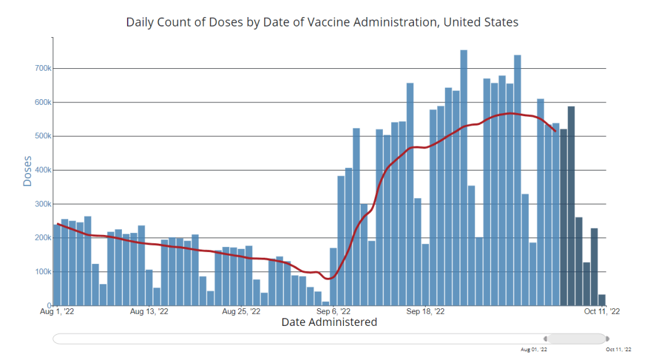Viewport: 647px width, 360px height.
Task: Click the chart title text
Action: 322,23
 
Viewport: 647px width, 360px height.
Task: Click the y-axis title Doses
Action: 27,171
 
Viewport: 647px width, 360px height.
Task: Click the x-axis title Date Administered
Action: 329,322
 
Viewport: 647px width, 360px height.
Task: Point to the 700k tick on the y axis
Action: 43,68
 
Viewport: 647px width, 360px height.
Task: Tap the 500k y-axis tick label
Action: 43,136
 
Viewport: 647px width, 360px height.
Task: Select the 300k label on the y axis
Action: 43,204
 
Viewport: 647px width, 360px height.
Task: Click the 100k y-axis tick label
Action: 43,272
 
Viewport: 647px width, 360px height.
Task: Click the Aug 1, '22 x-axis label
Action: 58,311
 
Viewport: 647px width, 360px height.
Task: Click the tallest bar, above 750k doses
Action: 464,177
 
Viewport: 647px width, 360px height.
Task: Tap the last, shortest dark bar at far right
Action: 602,300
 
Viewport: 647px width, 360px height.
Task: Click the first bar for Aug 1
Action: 57,265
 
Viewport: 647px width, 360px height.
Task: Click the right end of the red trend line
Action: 555,131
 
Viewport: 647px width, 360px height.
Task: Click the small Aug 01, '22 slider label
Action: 534,349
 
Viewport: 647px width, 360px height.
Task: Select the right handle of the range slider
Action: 607,339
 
